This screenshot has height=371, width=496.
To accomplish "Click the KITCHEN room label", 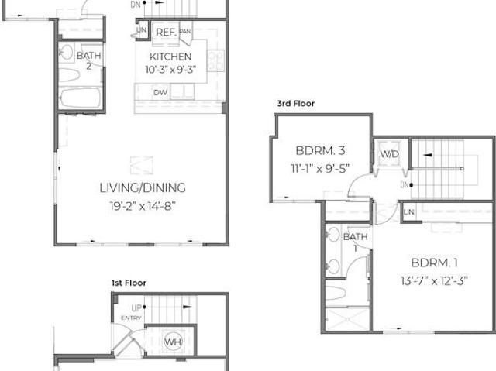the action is pyautogui.click(x=170, y=57).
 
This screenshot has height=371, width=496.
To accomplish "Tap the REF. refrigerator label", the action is pyautogui.click(x=166, y=32).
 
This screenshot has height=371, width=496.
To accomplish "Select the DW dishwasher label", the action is pyautogui.click(x=160, y=93).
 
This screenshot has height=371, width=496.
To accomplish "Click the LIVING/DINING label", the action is pyautogui.click(x=143, y=187).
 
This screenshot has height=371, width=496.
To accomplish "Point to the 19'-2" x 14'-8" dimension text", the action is pyautogui.click(x=143, y=206).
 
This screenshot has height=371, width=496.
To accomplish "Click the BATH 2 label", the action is pyautogui.click(x=89, y=60).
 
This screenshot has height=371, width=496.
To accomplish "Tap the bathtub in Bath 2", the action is pyautogui.click(x=81, y=98).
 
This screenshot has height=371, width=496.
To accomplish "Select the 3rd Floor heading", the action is pyautogui.click(x=296, y=103).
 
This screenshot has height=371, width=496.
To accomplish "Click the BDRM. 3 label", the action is pyautogui.click(x=320, y=150).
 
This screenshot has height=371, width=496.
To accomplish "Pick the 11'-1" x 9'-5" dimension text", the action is pyautogui.click(x=320, y=168).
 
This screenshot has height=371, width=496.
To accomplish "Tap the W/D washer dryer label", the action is pyautogui.click(x=390, y=154).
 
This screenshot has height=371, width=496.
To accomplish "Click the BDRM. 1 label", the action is pyautogui.click(x=434, y=263).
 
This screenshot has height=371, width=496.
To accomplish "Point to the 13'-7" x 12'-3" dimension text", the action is pyautogui.click(x=434, y=280).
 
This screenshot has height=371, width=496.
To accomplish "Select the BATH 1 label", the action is pyautogui.click(x=356, y=242).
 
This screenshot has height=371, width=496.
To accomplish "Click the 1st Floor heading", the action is pyautogui.click(x=129, y=283).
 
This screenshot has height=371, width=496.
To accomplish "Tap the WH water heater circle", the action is pyautogui.click(x=174, y=342).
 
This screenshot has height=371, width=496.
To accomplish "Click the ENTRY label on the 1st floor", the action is pyautogui.click(x=131, y=318).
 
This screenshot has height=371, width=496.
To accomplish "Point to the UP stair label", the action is pyautogui.click(x=136, y=307).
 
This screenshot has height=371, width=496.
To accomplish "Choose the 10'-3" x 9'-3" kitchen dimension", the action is pyautogui.click(x=170, y=70).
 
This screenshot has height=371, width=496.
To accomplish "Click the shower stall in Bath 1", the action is pyautogui.click(x=347, y=319).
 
